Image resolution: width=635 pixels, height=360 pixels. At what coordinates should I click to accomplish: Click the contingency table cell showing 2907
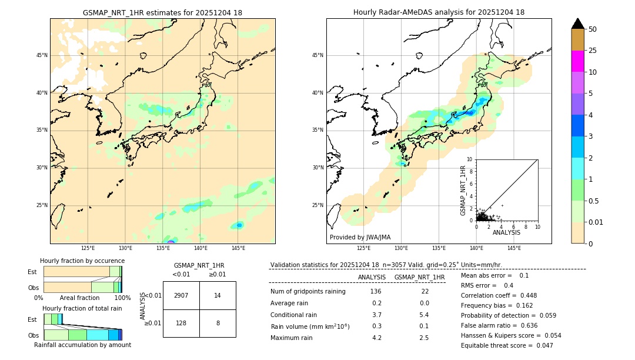point(181,295)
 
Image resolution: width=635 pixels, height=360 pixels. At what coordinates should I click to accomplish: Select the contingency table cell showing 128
point(181,323)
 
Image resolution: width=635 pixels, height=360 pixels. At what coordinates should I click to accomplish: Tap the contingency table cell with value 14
point(218,295)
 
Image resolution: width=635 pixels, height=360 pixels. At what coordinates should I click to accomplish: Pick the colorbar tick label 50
point(593,29)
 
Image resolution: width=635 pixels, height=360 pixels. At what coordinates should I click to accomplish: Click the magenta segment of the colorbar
point(577,61)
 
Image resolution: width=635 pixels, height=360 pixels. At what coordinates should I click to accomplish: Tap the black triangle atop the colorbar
point(577,24)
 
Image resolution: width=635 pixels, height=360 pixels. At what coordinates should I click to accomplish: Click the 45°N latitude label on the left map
point(42,55)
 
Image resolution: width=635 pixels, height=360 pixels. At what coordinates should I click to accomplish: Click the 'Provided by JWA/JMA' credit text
point(360,238)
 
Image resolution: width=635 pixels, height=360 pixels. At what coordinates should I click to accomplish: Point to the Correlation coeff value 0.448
point(524,296)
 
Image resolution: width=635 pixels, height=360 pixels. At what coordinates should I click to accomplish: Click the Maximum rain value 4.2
point(377,338)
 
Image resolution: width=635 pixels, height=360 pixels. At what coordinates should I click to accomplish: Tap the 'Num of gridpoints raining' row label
point(308,292)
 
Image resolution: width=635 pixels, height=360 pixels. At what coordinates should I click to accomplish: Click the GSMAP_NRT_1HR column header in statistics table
point(419,277)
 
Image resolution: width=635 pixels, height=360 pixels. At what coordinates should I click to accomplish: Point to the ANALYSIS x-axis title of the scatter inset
point(506,232)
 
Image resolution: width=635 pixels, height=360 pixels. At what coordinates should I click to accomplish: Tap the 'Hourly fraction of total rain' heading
point(82,308)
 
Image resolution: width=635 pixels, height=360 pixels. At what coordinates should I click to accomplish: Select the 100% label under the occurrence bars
point(122,298)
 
